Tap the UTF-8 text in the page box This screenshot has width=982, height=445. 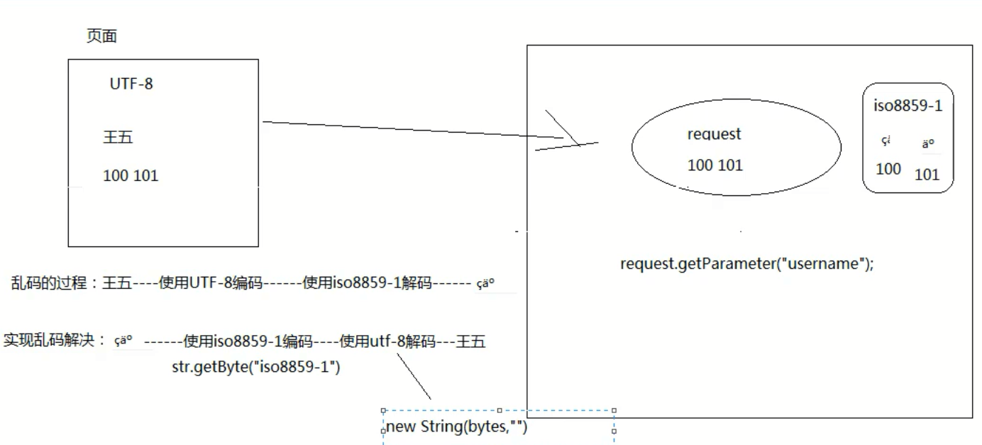click(x=131, y=84)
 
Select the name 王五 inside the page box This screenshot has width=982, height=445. click(x=118, y=138)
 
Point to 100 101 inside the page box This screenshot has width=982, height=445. click(x=131, y=175)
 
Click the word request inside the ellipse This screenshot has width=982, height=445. click(x=714, y=134)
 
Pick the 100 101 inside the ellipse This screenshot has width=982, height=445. click(x=715, y=165)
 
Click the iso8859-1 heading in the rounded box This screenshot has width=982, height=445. click(x=907, y=106)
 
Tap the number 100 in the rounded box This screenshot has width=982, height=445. click(x=888, y=169)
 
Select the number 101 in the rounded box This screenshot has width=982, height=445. click(x=927, y=175)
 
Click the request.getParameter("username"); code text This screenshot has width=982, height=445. click(x=747, y=264)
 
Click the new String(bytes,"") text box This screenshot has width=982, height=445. click(x=457, y=428)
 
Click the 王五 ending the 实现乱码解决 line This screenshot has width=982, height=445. click(x=470, y=341)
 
